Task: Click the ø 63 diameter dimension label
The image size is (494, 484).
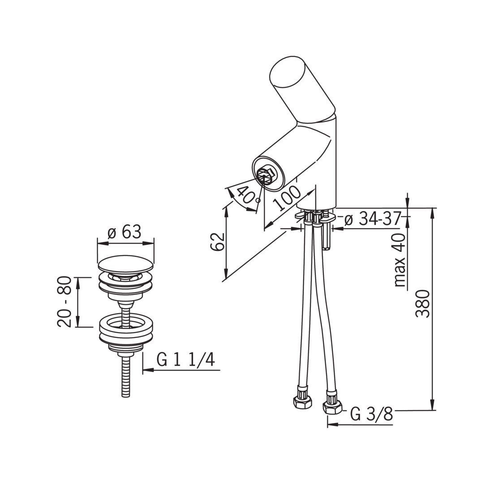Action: tap(124, 233)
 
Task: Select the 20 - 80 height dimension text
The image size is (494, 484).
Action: tap(64, 302)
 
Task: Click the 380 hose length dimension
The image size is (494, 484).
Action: tap(422, 304)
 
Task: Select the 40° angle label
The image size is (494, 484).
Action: tap(247, 194)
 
